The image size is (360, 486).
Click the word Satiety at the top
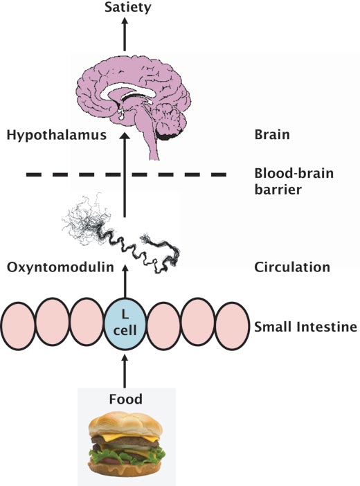(x=128, y=8)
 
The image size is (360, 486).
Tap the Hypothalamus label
(x=57, y=135)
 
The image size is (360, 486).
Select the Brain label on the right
(x=272, y=135)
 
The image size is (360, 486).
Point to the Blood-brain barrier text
(x=294, y=181)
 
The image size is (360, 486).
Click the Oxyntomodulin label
(x=60, y=267)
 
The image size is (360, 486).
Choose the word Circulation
(x=292, y=267)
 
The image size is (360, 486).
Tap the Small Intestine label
(x=305, y=327)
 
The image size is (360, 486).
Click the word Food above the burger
(x=125, y=399)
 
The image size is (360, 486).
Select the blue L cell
(x=125, y=324)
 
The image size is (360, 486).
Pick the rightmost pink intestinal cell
(x=232, y=326)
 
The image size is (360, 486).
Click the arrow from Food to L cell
(x=125, y=371)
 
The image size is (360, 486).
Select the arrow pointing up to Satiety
(x=125, y=34)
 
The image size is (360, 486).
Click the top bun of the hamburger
(x=125, y=424)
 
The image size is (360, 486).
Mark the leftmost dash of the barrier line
(x=33, y=175)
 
